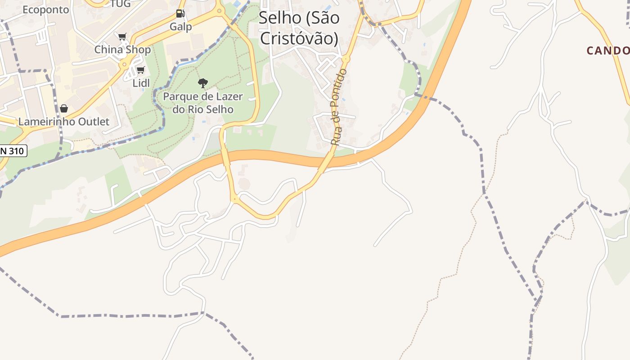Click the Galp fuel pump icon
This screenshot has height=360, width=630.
(180, 13)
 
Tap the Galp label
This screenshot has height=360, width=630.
(180, 27)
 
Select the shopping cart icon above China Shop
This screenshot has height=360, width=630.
(122, 36)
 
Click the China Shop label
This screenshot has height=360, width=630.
(122, 49)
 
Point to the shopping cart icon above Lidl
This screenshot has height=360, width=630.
(140, 70)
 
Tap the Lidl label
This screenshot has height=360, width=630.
(141, 83)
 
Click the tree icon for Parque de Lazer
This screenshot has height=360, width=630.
(203, 83)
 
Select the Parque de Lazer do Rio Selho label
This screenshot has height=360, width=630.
(203, 103)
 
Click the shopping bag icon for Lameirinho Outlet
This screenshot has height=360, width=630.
(64, 108)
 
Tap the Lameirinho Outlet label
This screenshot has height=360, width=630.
(63, 121)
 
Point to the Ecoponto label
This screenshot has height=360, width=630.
(46, 9)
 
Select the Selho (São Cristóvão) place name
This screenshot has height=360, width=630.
(299, 28)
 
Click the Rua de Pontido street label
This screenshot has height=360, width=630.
(339, 107)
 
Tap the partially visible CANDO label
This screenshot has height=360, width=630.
(607, 50)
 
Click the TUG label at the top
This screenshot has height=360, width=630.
(121, 4)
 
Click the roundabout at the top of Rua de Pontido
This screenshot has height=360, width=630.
(345, 59)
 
